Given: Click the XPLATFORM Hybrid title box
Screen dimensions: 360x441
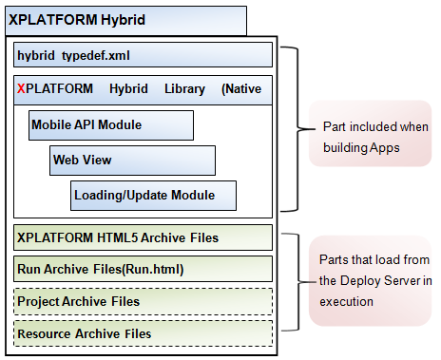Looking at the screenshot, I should coord(125,18).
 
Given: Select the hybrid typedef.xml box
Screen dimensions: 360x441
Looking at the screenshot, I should coord(144,54).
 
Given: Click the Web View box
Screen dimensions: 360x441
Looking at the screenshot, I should coord(132,160).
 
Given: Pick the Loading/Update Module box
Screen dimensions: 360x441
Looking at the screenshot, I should coord(153,196).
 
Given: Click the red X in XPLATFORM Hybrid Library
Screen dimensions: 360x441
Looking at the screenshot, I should coord(22,88).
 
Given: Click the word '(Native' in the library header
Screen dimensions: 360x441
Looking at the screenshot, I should coord(241,88).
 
